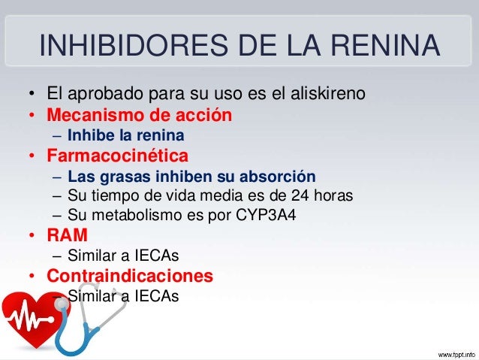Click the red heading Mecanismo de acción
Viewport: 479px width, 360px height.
139,116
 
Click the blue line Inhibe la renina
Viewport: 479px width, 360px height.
125,137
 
